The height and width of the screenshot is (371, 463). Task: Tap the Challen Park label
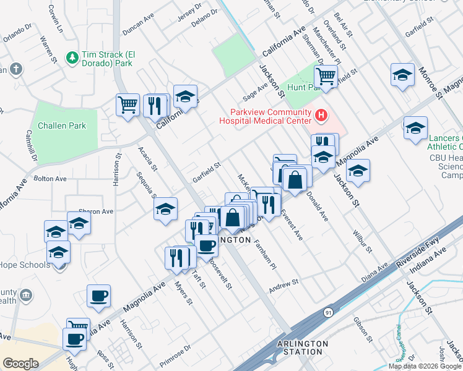pos(61,126)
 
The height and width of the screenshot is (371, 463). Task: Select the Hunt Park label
pos(302,88)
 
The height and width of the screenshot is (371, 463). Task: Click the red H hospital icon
pos(321,115)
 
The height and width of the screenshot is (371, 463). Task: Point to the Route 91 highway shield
pos(327,313)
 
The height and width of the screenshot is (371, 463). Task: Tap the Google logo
pos(20,363)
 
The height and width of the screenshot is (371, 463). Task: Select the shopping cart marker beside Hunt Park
pos(326,77)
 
